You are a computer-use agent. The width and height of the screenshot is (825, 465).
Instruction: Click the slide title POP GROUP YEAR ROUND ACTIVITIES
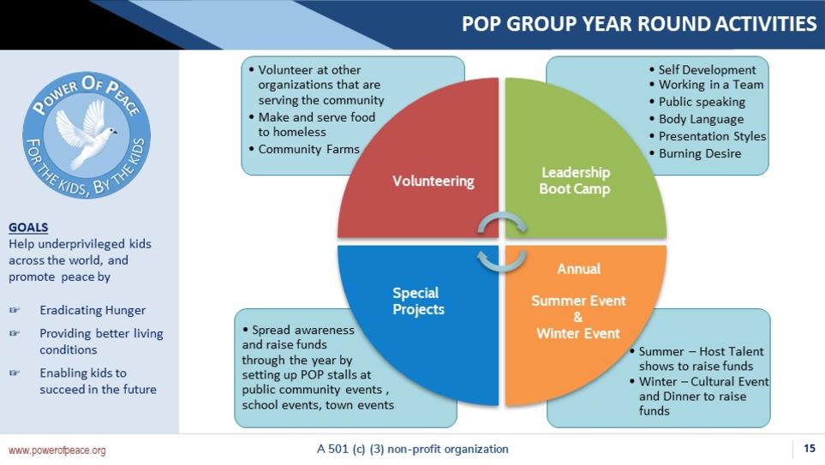[639, 24]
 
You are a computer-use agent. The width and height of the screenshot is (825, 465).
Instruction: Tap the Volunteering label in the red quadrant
[433, 181]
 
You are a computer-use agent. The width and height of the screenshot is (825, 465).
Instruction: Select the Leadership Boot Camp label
[575, 181]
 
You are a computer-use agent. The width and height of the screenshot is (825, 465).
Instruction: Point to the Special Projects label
[418, 301]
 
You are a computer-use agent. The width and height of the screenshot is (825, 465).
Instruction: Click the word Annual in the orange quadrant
[579, 269]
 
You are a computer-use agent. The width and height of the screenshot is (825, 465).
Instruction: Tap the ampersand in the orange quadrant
[578, 317]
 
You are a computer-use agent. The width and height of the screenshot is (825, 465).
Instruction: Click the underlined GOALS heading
[28, 227]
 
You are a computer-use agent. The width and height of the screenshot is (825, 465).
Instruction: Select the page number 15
[810, 448]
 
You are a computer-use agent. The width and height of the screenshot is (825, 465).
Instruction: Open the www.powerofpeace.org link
[57, 450]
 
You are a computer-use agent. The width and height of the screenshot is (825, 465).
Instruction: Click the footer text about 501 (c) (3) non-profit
[413, 449]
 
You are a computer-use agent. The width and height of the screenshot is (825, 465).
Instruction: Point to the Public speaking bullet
[697, 102]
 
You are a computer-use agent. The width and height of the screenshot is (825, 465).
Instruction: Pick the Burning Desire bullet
[695, 153]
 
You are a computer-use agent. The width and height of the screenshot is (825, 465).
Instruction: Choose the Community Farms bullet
[304, 149]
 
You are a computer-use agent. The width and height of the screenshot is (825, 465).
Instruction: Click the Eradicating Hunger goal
[93, 310]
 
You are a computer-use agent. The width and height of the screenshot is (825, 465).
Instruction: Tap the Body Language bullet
[696, 119]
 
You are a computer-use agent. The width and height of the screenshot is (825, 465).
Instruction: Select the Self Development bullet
[702, 69]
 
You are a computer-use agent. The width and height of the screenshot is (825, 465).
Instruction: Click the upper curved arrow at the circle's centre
[502, 221]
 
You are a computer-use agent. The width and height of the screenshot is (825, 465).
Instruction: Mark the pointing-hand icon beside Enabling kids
[15, 373]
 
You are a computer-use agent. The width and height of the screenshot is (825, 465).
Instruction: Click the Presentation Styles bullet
[708, 135]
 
